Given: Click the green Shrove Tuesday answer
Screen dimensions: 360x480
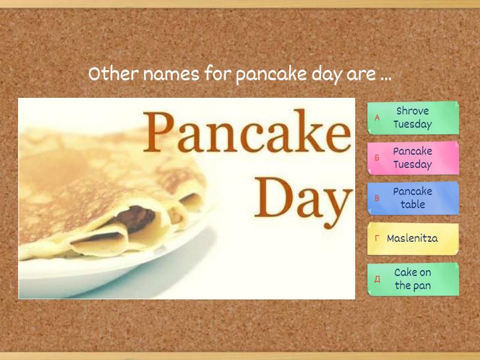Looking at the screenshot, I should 413,118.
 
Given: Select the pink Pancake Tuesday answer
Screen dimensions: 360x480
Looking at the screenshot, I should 413,158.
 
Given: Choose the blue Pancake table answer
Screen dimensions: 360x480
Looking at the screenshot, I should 413,198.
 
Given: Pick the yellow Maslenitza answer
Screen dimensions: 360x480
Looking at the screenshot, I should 413,238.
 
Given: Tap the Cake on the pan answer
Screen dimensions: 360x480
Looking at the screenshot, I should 413,279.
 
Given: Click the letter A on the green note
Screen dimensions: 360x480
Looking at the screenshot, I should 377,118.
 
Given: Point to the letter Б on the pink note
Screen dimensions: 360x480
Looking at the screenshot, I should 377,158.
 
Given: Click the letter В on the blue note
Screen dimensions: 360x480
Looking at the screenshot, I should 377,198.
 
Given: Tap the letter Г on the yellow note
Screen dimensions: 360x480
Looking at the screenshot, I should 377,238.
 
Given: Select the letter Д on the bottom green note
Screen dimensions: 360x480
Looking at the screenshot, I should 377,279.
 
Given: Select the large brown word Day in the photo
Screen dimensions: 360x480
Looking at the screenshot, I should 304,195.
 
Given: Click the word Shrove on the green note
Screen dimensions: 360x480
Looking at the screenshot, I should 413,112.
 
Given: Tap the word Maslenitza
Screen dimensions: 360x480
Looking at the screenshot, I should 412,238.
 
